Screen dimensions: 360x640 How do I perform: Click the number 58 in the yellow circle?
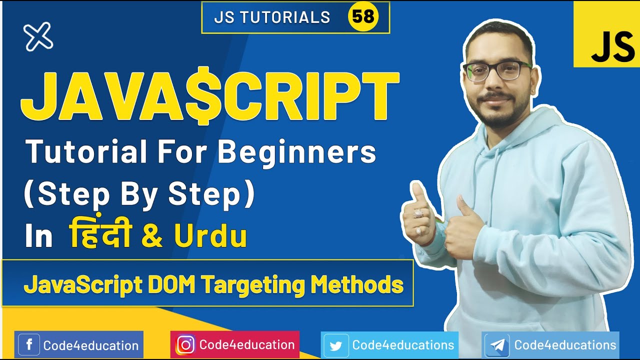tap(363, 17)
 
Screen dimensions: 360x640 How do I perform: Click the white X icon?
tap(38, 36)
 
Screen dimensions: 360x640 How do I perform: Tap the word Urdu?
tap(210, 237)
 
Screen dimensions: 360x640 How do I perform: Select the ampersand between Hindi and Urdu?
tap(152, 237)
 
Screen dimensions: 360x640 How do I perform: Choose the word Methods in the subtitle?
tap(357, 285)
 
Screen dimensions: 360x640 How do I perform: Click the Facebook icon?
tap(29, 345)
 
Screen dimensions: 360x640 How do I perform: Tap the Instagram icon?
tap(185, 345)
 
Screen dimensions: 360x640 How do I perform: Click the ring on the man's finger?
tap(418, 213)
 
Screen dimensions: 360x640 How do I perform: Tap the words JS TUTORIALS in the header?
tap(272, 17)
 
